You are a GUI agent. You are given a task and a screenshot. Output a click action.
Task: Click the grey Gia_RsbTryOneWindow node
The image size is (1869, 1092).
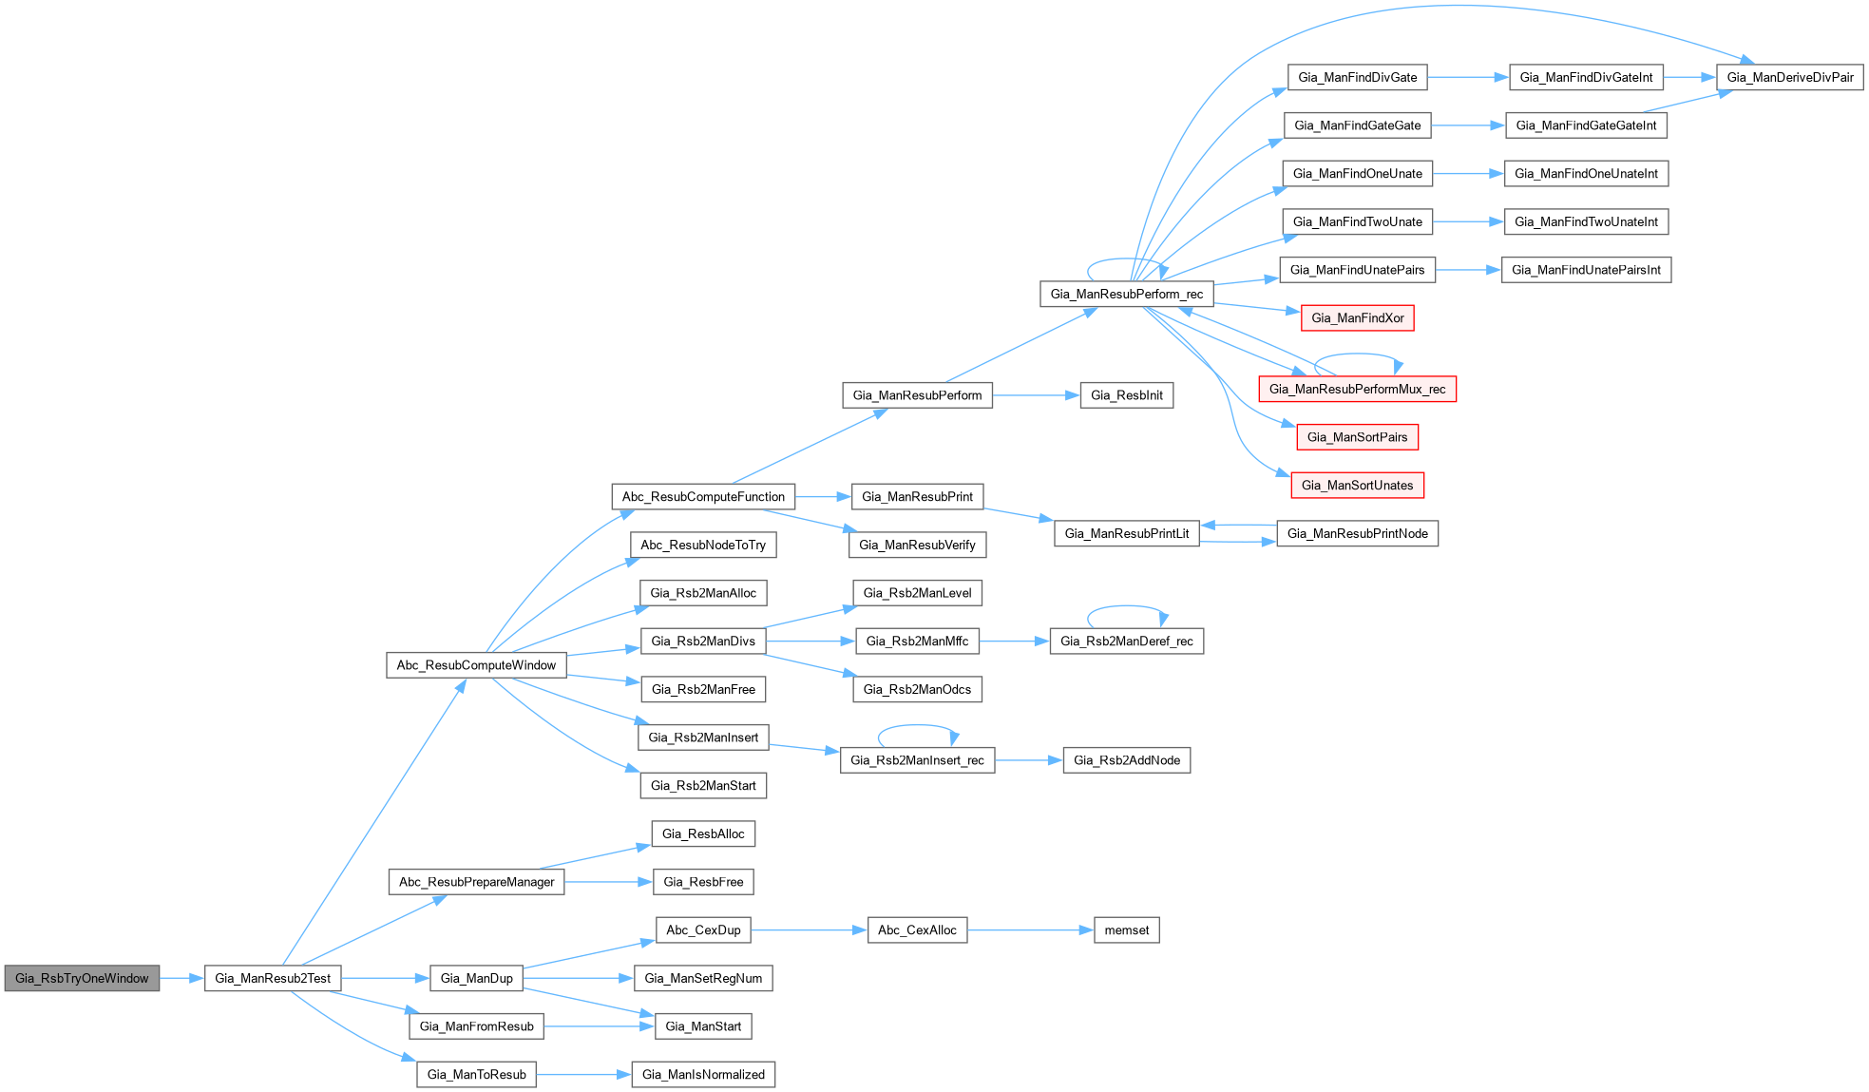tap(82, 978)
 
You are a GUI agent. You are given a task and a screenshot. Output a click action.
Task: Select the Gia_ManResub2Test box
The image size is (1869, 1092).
tap(273, 978)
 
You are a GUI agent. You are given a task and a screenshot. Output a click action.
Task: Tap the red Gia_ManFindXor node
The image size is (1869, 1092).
tap(1357, 318)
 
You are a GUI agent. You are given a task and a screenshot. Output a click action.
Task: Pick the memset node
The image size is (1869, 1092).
tap(1126, 930)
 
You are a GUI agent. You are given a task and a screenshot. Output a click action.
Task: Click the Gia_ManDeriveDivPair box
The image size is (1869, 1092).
tap(1789, 77)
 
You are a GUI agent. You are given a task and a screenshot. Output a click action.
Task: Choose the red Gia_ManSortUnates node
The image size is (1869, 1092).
tap(1357, 486)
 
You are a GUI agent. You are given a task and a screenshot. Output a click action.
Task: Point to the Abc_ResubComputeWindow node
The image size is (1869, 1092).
tap(476, 665)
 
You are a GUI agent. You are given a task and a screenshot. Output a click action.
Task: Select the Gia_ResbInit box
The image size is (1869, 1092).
tap(1126, 395)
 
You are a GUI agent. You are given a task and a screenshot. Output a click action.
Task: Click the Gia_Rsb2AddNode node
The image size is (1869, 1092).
tap(1126, 760)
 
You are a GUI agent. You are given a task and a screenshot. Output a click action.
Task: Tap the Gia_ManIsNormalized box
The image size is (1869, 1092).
tap(703, 1075)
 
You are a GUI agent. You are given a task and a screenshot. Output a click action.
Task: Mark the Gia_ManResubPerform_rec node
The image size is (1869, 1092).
tap(1126, 294)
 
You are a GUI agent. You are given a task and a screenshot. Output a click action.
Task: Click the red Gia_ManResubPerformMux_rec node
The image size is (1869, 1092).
tap(1357, 389)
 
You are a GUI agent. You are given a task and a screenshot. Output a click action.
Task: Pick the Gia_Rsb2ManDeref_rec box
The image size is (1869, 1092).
tap(1126, 642)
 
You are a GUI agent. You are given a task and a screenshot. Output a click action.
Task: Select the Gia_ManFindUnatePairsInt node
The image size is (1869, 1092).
tap(1585, 270)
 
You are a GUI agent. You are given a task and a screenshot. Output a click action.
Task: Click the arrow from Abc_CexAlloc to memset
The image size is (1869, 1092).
tap(1030, 930)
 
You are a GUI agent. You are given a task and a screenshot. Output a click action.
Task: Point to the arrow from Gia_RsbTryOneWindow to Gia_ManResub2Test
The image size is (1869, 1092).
tap(181, 978)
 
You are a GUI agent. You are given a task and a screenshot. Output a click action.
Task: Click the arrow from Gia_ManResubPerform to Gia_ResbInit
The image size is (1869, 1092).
tap(1036, 395)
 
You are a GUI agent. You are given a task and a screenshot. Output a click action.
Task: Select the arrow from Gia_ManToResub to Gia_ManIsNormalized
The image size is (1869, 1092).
tap(583, 1075)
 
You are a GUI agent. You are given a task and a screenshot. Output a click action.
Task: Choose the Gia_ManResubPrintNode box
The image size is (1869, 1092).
tap(1357, 534)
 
